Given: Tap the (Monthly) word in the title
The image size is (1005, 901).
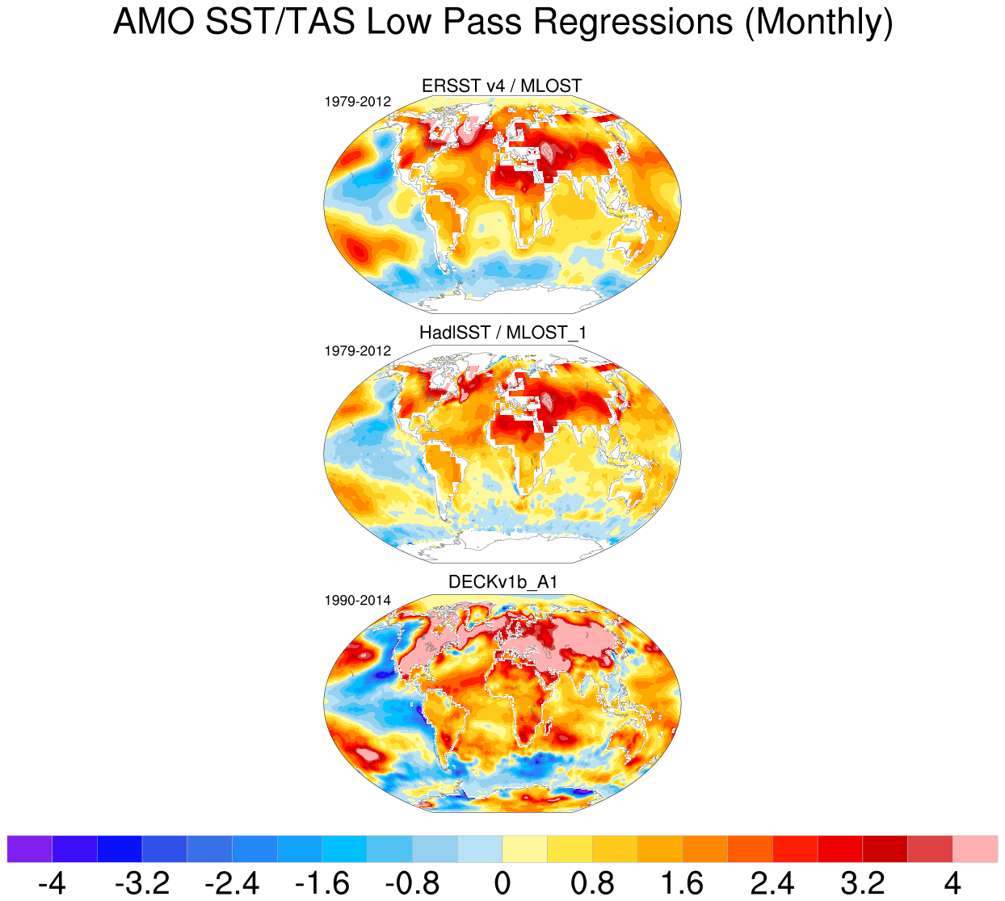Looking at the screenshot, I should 818,23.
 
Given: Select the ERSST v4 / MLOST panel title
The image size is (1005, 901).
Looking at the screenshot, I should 502,86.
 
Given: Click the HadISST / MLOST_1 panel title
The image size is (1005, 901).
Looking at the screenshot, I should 502,333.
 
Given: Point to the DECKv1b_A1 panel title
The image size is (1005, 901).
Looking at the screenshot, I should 502,582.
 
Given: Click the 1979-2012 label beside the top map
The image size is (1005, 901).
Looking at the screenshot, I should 358,103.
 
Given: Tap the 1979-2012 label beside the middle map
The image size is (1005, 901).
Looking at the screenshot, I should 358,351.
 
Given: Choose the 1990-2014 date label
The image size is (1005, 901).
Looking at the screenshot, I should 358,601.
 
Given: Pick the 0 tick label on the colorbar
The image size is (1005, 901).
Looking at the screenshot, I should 502,883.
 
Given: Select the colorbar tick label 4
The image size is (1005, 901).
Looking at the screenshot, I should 952,883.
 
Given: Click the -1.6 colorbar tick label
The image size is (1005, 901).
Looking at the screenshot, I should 322,883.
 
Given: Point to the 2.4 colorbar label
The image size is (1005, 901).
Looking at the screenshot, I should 772,883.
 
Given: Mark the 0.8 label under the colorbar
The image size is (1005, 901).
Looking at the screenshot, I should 592,883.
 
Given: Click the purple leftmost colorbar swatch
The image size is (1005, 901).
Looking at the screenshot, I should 29,849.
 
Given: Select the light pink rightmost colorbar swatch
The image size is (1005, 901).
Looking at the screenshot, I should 975,849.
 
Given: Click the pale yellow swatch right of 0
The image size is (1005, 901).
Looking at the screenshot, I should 524,849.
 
